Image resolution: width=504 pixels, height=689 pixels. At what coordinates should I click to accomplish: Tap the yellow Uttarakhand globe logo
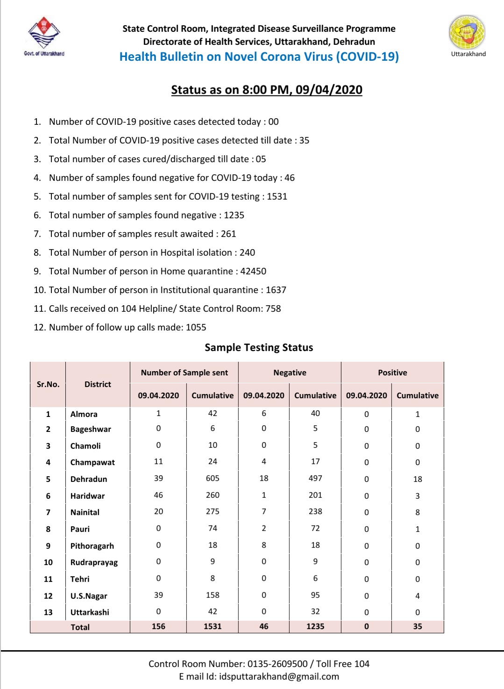tap(467, 32)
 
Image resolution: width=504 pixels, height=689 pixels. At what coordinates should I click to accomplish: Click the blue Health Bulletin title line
tap(259, 57)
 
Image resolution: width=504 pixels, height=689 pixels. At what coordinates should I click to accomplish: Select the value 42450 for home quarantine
tap(253, 271)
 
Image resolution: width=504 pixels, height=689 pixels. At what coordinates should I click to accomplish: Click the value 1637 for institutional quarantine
tap(276, 290)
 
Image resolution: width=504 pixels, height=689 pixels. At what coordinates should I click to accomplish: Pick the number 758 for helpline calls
tap(273, 309)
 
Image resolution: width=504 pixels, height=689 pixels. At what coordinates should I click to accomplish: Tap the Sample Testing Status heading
tap(259, 347)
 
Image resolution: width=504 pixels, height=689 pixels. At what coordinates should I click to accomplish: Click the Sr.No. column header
tap(48, 384)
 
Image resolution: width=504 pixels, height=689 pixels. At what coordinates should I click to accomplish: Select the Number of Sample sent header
tap(185, 373)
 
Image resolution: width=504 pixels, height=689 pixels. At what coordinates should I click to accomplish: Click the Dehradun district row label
tap(89, 479)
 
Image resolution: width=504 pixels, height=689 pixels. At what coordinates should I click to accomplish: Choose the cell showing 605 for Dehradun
tap(213, 478)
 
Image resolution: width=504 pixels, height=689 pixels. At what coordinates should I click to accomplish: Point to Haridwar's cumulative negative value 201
tap(315, 495)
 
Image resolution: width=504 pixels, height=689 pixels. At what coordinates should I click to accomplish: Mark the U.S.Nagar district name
tap(89, 596)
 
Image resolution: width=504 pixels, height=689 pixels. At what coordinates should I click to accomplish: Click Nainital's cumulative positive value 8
tap(418, 512)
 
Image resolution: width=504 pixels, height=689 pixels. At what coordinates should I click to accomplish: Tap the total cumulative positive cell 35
tap(418, 626)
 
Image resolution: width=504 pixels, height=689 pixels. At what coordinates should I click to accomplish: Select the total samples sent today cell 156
tap(158, 626)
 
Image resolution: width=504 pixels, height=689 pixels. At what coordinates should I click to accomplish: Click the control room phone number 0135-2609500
tap(277, 664)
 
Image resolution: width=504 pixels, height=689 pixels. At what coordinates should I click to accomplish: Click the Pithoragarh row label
tap(92, 546)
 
